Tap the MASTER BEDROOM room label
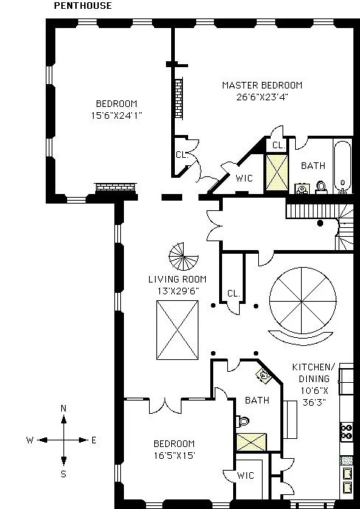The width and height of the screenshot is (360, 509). click(x=262, y=86)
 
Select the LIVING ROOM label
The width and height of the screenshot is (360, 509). click(x=177, y=280)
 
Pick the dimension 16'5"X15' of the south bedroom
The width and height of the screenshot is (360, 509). click(x=173, y=454)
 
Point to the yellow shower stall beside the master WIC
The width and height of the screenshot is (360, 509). click(x=277, y=168)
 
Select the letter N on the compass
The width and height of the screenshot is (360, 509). click(x=63, y=408)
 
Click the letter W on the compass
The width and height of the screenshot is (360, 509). click(x=30, y=440)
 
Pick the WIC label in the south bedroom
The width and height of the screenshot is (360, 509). click(x=245, y=477)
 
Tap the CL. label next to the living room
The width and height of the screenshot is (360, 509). click(x=234, y=293)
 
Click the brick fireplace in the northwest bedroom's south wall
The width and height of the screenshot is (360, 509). click(x=114, y=187)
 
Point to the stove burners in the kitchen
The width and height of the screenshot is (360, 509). click(x=347, y=429)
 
